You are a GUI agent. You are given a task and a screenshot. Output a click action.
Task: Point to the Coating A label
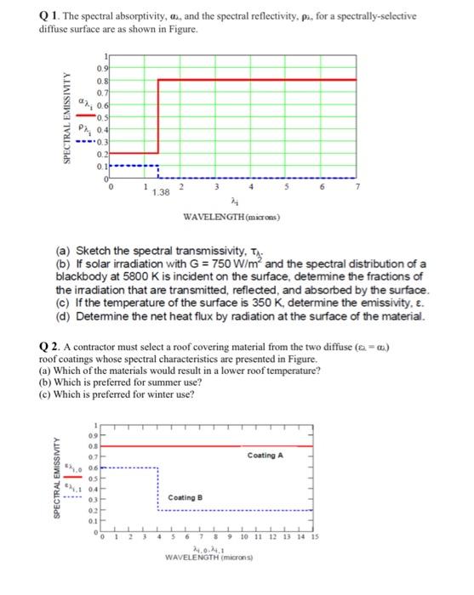pyautogui.click(x=265, y=456)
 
